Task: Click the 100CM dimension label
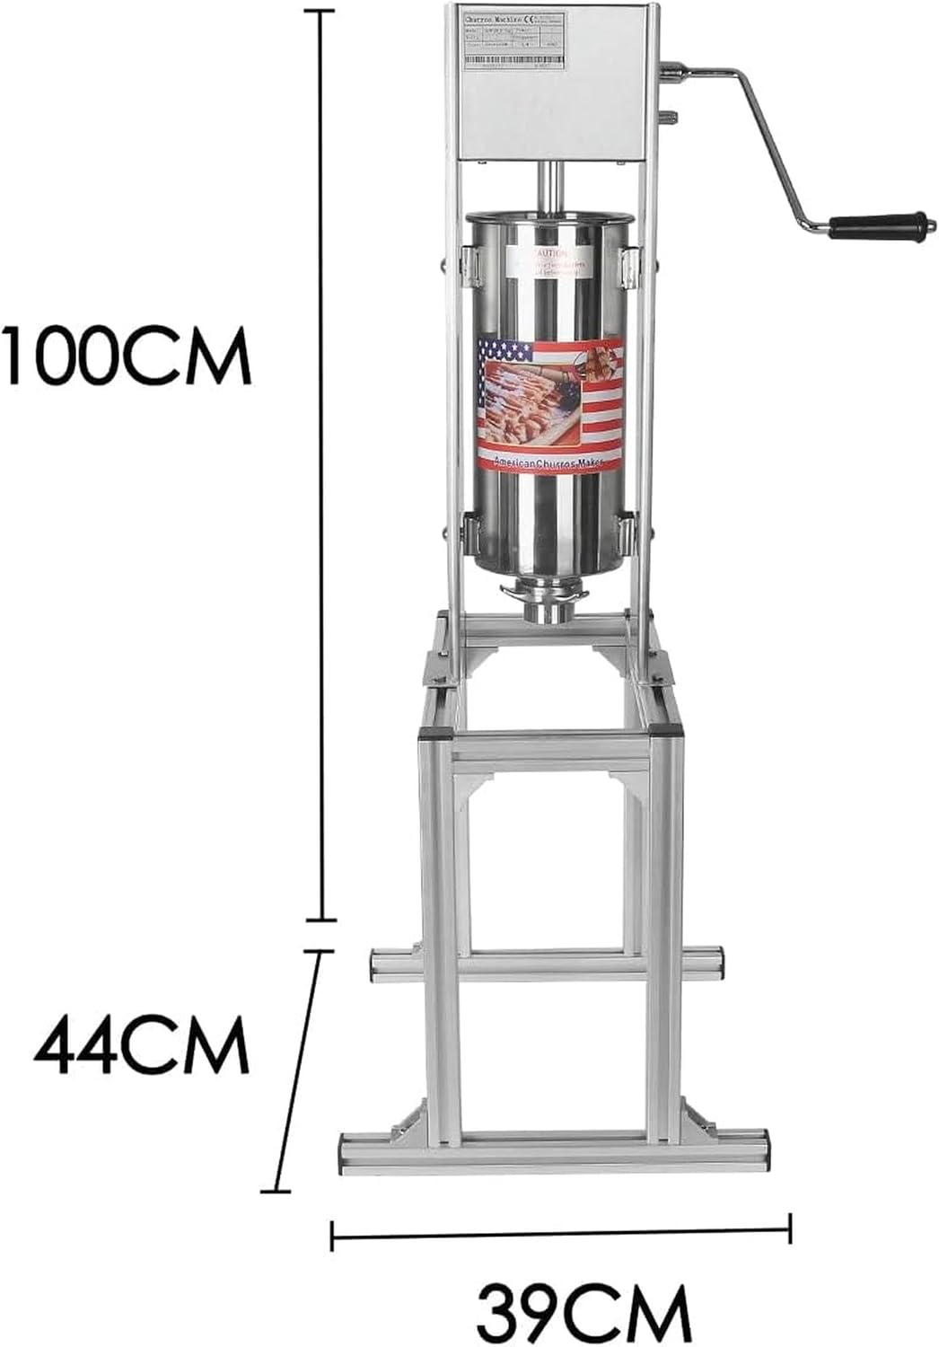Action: (x=126, y=356)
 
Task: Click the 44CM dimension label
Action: (x=141, y=1044)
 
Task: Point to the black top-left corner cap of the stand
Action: (x=432, y=731)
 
